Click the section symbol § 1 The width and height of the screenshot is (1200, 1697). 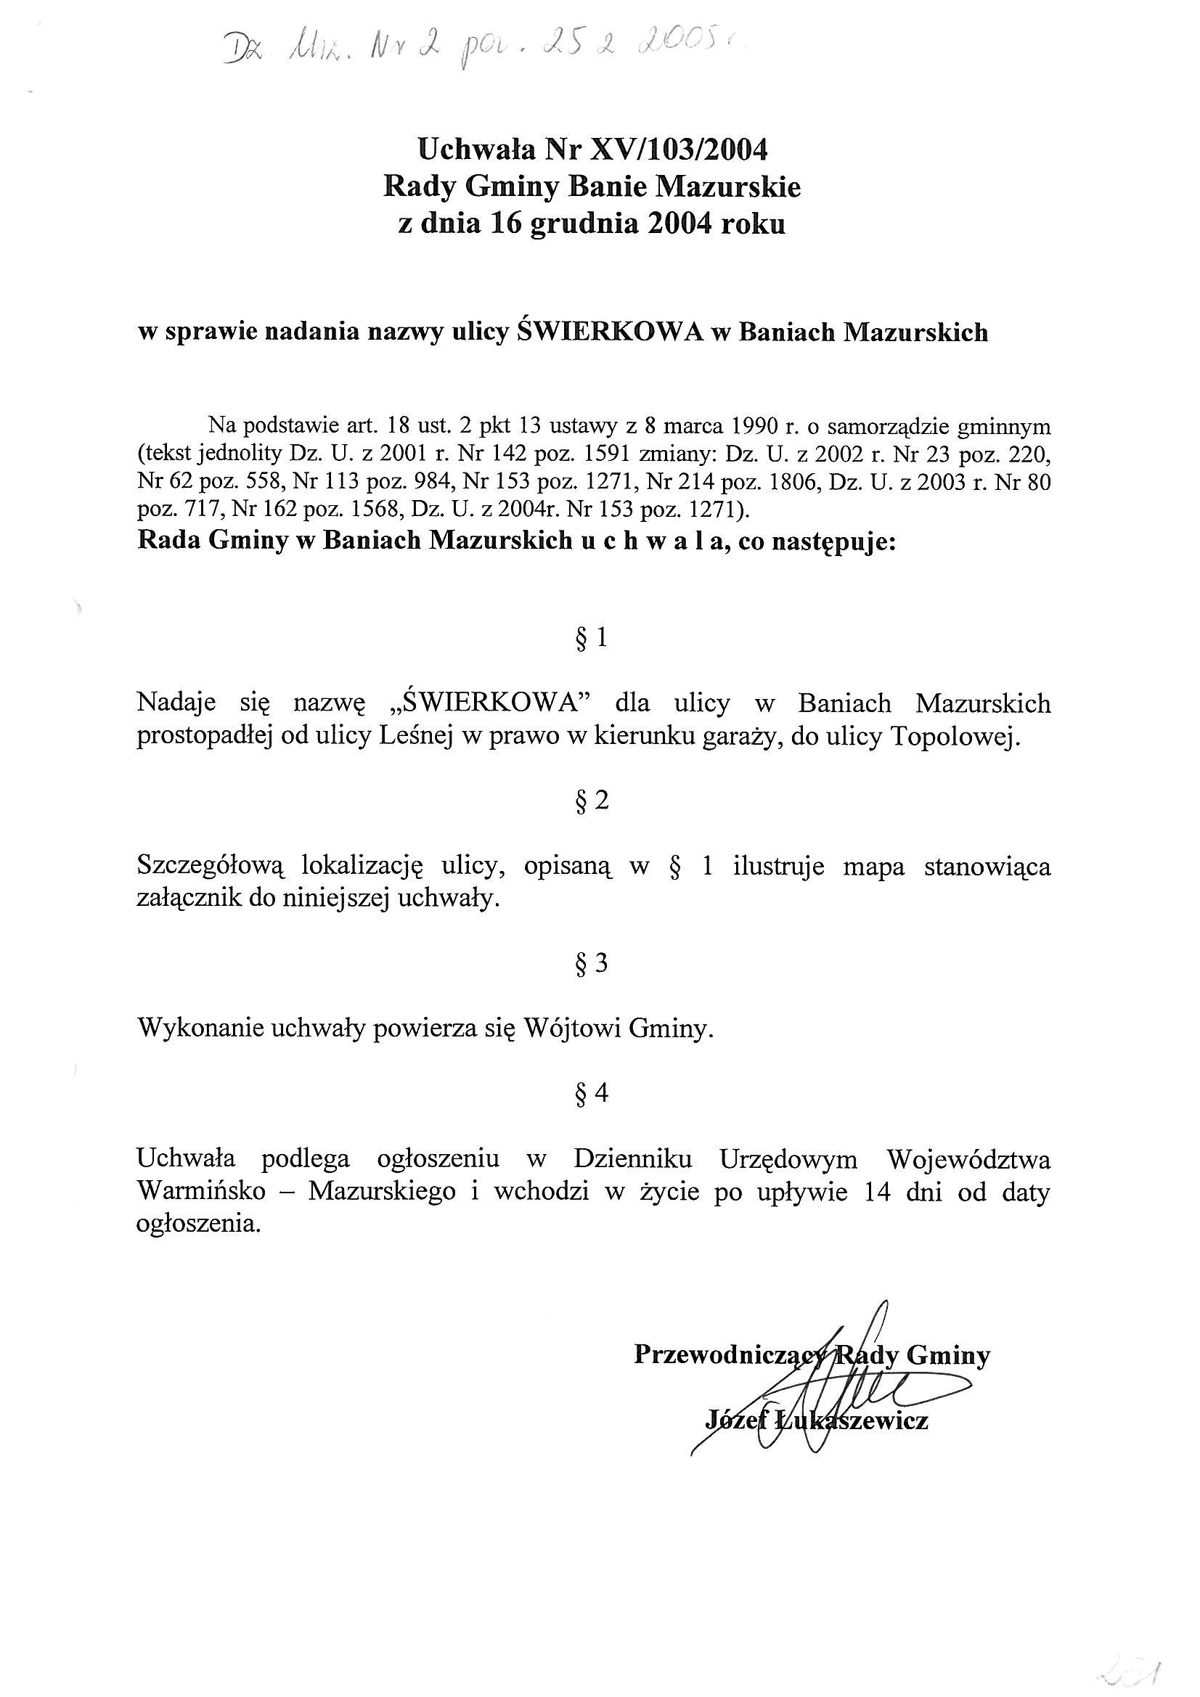coord(592,637)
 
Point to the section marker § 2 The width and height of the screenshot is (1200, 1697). coord(592,801)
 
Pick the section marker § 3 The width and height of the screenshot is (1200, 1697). coord(592,963)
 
